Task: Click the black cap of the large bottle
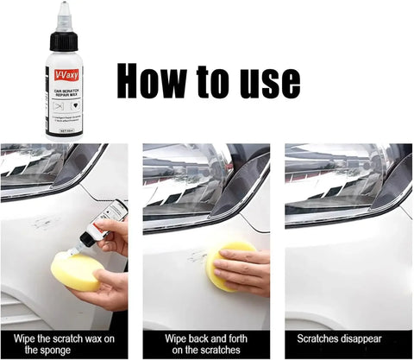click(x=64, y=40)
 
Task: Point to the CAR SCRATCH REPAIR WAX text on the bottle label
click(x=64, y=91)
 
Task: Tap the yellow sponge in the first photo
click(x=75, y=271)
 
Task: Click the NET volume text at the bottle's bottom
click(x=63, y=132)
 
